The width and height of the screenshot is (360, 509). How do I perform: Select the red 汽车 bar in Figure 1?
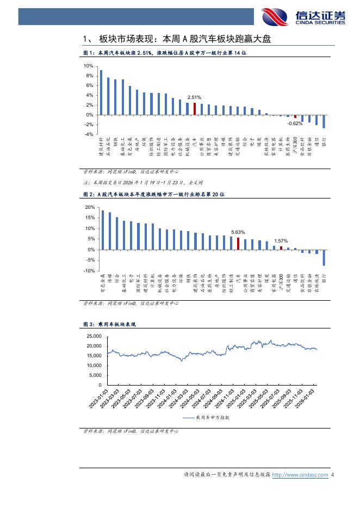coord(195,109)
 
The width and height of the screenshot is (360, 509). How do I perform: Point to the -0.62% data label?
coord(295,123)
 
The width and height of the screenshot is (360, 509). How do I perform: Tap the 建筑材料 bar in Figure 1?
coord(101,92)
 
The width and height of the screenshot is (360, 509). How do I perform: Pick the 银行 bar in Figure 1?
coord(324,121)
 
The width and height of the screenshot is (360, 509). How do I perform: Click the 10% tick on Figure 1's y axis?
coord(89,66)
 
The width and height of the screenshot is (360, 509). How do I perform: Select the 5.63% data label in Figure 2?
coord(238,232)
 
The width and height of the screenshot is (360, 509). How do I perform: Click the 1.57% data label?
coord(281,240)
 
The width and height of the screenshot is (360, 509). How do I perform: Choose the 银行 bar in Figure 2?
coord(324,257)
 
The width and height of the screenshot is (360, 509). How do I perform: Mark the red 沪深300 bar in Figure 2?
coord(281,247)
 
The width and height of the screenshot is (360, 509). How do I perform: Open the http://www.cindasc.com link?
coord(300,475)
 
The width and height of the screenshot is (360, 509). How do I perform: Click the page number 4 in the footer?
coord(332,475)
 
